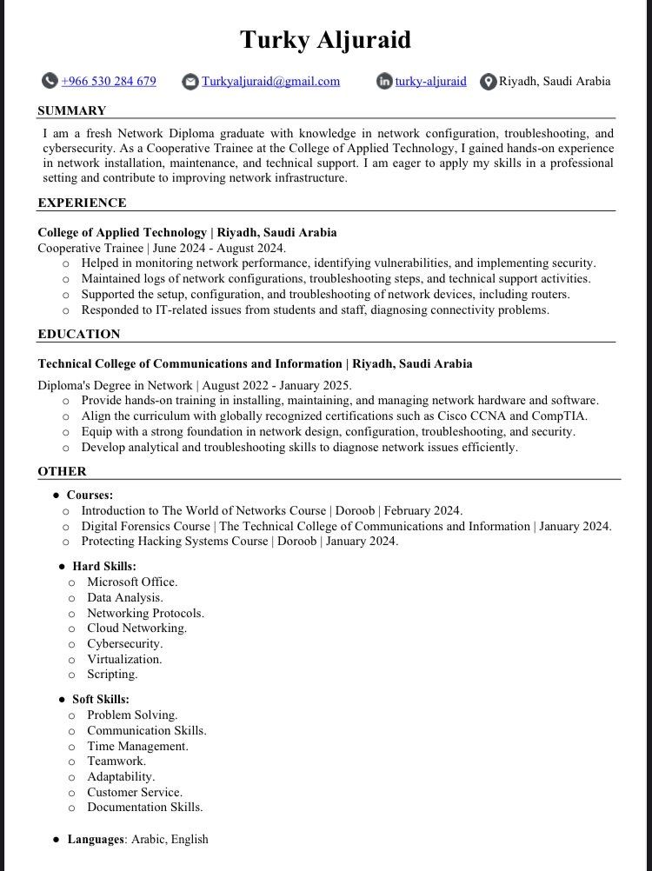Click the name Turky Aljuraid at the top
click(325, 39)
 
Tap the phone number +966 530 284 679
click(109, 82)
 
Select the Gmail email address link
click(271, 82)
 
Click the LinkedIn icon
click(384, 82)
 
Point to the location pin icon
click(488, 82)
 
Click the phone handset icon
click(50, 82)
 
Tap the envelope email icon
click(190, 82)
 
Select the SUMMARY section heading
click(72, 110)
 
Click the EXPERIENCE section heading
click(83, 203)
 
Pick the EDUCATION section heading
click(79, 334)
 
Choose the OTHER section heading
click(62, 471)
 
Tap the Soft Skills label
click(101, 699)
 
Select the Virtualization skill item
click(124, 659)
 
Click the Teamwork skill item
click(116, 761)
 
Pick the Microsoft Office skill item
click(131, 582)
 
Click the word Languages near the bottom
click(96, 839)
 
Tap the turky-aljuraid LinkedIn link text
click(430, 82)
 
